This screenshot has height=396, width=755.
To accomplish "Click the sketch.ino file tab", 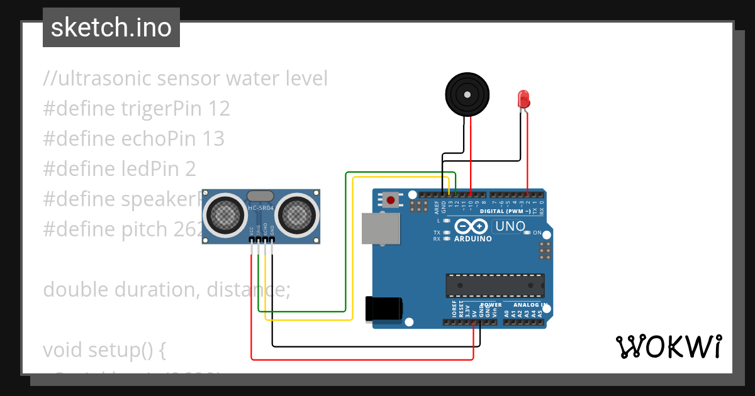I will pos(111,28).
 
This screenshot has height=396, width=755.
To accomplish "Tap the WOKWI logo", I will pos(668,346).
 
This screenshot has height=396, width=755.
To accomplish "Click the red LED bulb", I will pos(523,98).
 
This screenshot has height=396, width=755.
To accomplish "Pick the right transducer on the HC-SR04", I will pos(296,215).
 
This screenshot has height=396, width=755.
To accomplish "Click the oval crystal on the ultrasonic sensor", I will pos(260,197).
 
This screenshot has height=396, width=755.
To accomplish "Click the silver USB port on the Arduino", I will pos(381,228).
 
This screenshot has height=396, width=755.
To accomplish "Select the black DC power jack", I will pos(384,308).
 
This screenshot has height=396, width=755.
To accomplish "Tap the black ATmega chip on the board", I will pos(495,285).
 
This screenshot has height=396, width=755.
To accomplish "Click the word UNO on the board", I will pos(510,226).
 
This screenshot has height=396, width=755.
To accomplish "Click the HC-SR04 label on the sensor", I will pos(260,208).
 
